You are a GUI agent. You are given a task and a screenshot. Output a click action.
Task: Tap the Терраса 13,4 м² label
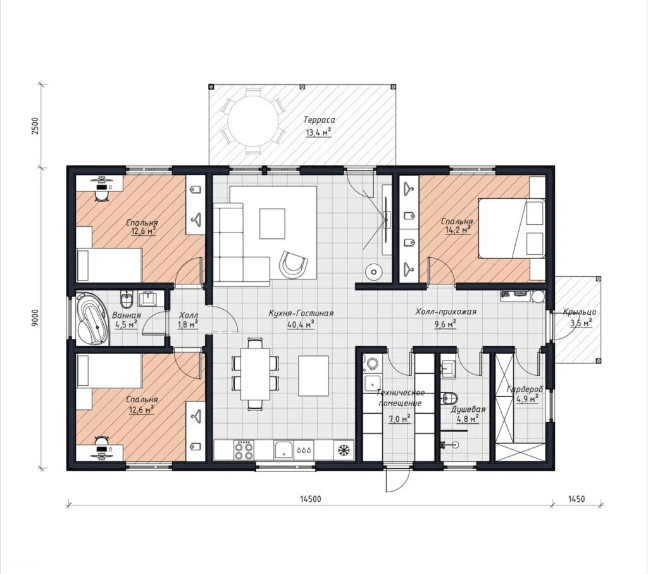319,126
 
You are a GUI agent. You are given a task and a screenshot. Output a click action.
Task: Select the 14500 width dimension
310,499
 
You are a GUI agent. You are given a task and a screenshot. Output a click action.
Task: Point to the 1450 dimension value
576,499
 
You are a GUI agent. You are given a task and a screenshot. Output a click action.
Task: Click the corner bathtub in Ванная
91,318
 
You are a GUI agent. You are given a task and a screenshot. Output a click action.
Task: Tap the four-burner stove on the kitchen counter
244,450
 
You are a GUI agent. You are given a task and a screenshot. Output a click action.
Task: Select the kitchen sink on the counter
283,450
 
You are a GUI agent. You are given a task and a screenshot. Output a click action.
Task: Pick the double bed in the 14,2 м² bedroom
511,229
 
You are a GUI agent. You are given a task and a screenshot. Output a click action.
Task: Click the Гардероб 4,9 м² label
525,394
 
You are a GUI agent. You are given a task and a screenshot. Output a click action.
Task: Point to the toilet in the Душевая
450,398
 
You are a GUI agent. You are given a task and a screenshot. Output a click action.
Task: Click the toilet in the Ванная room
126,299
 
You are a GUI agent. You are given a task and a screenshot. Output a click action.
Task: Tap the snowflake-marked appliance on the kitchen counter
344,450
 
